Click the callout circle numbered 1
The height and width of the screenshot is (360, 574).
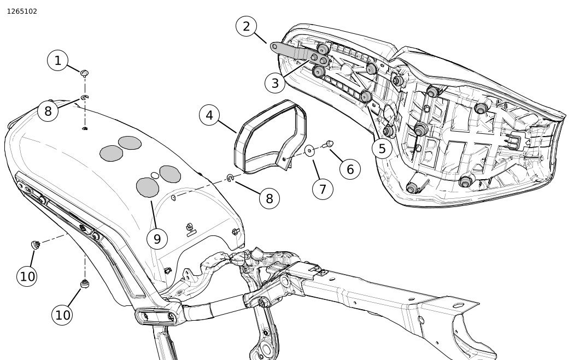click(x=57, y=61)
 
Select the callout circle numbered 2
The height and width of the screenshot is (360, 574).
click(x=246, y=26)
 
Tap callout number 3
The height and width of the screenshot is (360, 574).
click(x=275, y=84)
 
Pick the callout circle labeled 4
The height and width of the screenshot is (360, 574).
click(x=209, y=115)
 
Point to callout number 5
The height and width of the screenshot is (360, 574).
click(x=382, y=149)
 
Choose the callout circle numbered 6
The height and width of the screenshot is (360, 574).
click(x=350, y=169)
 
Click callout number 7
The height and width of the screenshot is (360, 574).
click(x=323, y=189)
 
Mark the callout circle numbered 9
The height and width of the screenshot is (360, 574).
click(x=157, y=239)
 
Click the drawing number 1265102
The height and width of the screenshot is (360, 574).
click(x=22, y=11)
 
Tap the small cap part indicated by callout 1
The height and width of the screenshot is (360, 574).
click(x=85, y=73)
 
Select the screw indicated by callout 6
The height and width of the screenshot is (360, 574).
click(x=329, y=144)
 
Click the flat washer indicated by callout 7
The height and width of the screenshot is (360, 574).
click(x=309, y=150)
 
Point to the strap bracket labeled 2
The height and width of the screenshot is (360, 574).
click(x=295, y=52)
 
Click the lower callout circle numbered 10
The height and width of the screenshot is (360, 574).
click(x=62, y=315)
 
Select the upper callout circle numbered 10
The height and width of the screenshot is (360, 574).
click(x=27, y=276)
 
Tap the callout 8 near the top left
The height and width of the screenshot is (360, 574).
click(x=48, y=111)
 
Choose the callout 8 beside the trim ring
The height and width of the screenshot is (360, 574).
click(x=269, y=199)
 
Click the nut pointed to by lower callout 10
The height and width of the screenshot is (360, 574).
click(x=85, y=284)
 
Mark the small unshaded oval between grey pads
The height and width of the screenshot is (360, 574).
click(x=155, y=175)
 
